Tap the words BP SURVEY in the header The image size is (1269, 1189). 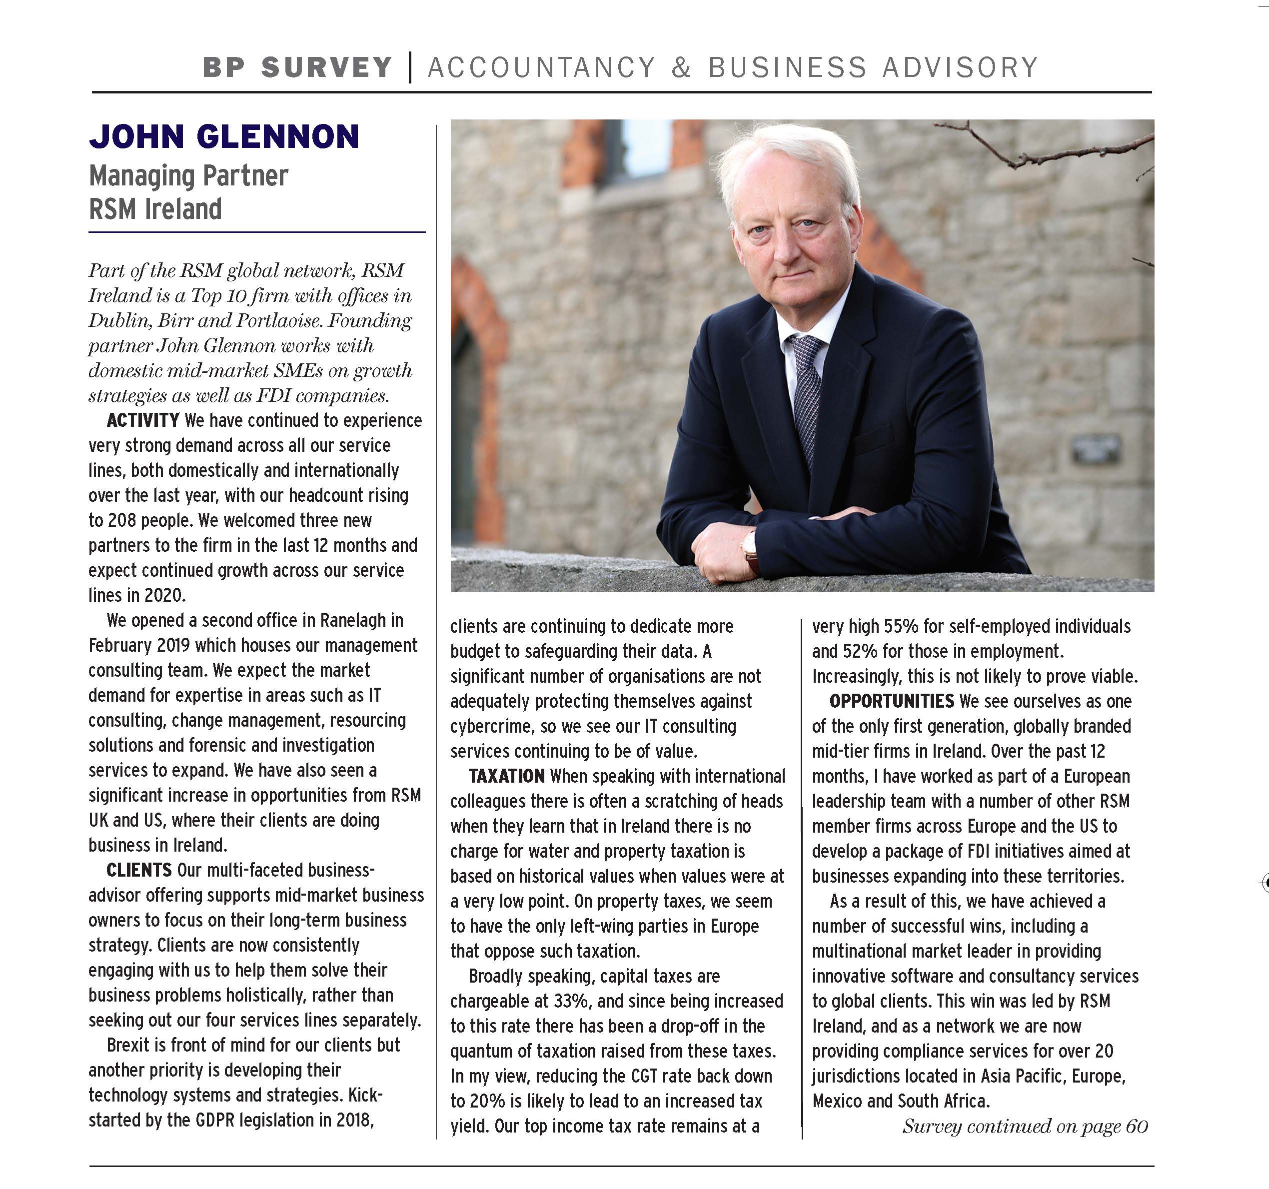click(297, 67)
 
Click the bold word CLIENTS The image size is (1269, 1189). click(138, 870)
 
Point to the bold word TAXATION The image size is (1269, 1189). click(506, 776)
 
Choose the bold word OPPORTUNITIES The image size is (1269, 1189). click(891, 701)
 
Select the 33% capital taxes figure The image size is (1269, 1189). click(571, 1001)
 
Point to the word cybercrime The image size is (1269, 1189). click(491, 726)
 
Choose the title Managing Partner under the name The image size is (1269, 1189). click(189, 176)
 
